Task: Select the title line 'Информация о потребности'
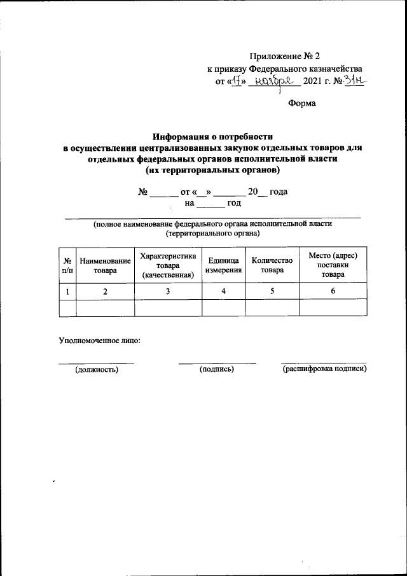point(213,136)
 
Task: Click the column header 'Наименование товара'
point(105,265)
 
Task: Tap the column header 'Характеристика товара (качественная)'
point(168,265)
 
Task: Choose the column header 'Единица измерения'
point(223,265)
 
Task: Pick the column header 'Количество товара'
point(272,265)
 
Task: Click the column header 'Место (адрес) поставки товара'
point(333,265)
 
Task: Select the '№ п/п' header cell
point(67,265)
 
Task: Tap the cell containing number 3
point(168,291)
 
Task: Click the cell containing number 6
point(333,291)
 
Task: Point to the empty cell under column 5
point(272,308)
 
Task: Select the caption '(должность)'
point(97,369)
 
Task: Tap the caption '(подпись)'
point(217,369)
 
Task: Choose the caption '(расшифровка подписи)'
point(324,369)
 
